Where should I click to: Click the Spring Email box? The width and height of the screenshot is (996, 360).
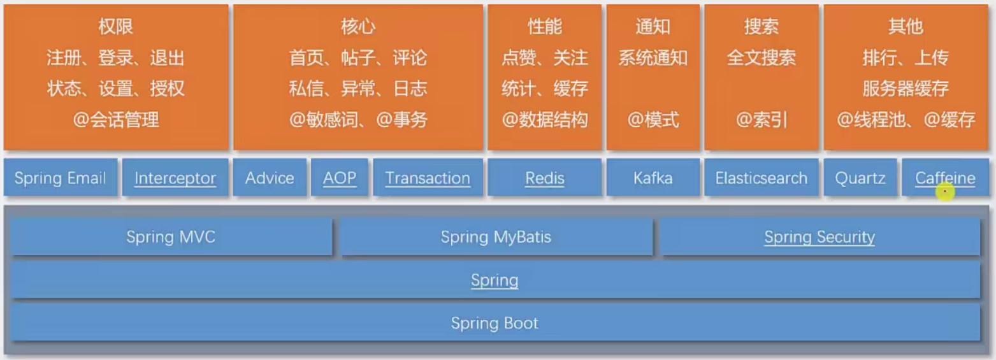click(61, 178)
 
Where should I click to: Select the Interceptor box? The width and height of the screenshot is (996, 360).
click(175, 178)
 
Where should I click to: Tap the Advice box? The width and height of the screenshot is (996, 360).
click(270, 178)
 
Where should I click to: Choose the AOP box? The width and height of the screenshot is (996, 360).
click(339, 178)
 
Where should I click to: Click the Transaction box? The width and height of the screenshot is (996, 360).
click(428, 178)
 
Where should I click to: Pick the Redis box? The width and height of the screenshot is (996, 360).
click(545, 178)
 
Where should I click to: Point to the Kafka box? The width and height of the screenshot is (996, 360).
click(653, 178)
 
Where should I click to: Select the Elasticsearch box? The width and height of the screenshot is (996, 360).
click(761, 178)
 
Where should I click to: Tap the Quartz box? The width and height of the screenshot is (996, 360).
click(860, 178)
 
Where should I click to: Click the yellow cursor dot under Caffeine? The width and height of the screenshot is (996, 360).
click(945, 192)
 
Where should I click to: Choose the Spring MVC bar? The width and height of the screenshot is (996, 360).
click(171, 237)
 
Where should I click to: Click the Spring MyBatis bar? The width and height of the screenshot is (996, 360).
click(496, 237)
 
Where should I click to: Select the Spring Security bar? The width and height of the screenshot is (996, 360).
click(819, 237)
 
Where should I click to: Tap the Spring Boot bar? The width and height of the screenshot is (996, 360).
click(495, 322)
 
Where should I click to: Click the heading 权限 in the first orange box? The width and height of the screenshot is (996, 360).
click(115, 26)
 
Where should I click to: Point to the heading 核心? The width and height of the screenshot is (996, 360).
click(358, 26)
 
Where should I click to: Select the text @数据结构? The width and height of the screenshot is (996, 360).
click(545, 120)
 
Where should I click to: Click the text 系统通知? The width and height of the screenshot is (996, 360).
click(653, 58)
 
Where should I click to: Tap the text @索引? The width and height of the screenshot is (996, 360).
click(761, 120)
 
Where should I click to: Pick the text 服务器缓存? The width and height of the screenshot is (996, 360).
click(906, 89)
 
